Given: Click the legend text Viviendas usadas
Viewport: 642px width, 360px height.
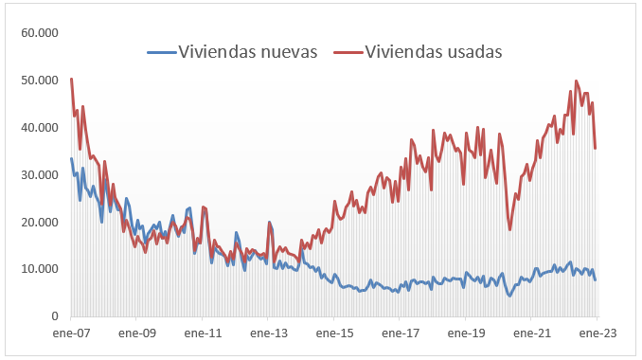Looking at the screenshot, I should tap(433, 50).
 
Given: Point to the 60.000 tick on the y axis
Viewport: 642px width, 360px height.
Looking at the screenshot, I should tap(40, 33).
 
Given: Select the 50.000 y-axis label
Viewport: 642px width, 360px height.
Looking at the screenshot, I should tap(40, 81).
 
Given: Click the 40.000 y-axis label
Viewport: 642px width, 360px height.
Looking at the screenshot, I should tap(40, 128).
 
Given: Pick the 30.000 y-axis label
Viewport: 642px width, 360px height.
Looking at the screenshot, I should tap(40, 175).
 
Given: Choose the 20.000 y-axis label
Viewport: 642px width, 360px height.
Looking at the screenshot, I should tap(40, 222).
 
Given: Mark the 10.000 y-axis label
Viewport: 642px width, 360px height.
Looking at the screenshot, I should tap(40, 269).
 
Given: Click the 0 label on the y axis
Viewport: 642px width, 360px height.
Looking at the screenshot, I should tap(55, 316).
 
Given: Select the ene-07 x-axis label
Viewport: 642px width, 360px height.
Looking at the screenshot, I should tap(71, 334).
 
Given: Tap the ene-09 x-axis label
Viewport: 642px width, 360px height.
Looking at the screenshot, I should tap(136, 334).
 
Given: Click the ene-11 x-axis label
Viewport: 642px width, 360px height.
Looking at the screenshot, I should tap(203, 334).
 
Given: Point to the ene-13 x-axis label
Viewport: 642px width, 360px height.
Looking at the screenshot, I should tap(268, 334).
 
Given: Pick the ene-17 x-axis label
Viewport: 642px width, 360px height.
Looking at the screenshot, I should tap(400, 334).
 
